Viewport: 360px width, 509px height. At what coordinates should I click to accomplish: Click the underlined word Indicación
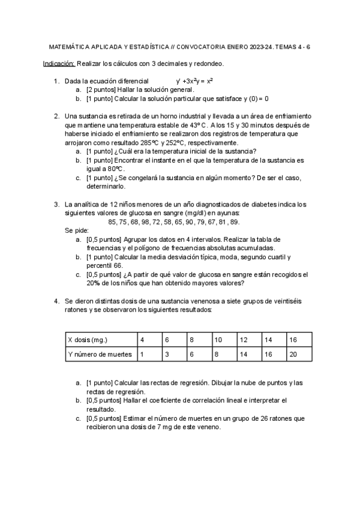pyautogui.click(x=59, y=63)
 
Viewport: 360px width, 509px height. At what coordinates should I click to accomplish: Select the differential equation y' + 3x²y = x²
pyautogui.click(x=195, y=81)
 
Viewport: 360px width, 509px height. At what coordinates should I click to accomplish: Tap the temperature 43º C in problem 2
pyautogui.click(x=196, y=125)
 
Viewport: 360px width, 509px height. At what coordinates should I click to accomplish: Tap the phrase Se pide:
pyautogui.click(x=77, y=230)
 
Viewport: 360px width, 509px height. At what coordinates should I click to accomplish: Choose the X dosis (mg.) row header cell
pyautogui.click(x=100, y=340)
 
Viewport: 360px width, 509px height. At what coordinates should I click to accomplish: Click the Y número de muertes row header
pyautogui.click(x=100, y=354)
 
